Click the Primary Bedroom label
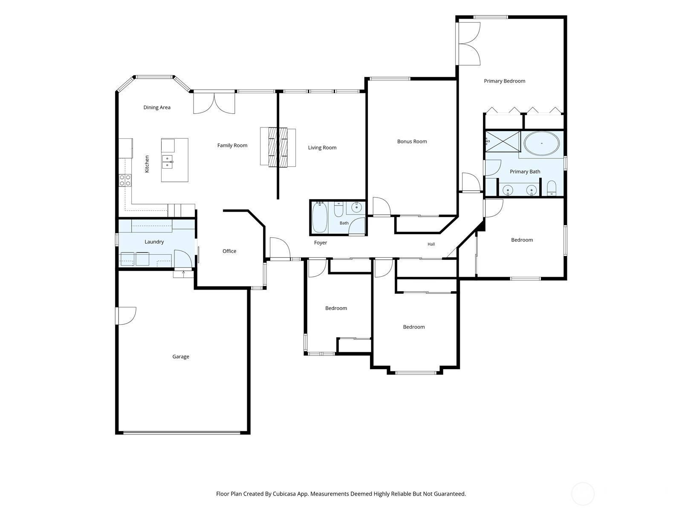504,81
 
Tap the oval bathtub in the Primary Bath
541,144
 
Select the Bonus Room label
412,141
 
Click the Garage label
181,357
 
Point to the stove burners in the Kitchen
125,180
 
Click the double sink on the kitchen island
167,162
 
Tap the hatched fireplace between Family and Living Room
278,147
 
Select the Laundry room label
154,242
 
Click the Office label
229,251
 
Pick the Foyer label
321,243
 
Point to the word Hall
431,244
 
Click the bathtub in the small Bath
319,217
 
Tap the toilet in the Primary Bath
552,188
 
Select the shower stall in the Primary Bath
503,141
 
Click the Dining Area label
156,107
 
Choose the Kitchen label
147,164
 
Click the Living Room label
322,148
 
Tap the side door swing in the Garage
127,316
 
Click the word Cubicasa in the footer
284,494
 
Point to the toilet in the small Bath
338,209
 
